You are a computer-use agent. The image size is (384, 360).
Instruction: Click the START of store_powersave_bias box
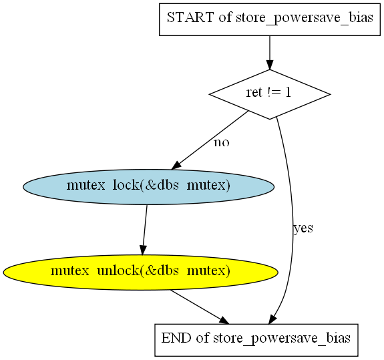[270, 19]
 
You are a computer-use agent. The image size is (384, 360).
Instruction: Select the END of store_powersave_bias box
[256, 340]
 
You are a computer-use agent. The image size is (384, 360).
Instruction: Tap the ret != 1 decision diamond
[270, 94]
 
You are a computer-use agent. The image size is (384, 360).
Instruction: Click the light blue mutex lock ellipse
[148, 187]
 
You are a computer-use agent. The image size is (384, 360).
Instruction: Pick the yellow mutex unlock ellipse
[140, 273]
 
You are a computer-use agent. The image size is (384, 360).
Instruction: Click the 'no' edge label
[222, 142]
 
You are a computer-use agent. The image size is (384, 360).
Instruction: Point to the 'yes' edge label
[303, 228]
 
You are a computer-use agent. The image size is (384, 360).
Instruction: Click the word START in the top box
[190, 17]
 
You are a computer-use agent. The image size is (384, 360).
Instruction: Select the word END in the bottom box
[176, 338]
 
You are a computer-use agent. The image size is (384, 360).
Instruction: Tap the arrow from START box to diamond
[270, 53]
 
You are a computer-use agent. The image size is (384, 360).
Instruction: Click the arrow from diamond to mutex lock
[210, 140]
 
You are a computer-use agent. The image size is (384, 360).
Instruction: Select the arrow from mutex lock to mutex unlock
[145, 230]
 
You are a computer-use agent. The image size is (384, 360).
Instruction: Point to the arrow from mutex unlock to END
[200, 307]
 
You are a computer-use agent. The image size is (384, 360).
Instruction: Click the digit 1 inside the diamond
[288, 92]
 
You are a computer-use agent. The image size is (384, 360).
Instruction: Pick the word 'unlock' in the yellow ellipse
[118, 271]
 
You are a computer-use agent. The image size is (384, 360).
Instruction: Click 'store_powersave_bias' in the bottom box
[282, 339]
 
